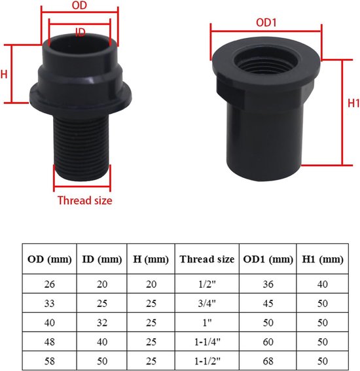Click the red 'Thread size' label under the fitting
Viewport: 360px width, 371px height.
[x=84, y=200]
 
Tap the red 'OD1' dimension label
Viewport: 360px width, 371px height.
[x=266, y=22]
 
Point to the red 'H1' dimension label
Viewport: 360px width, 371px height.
[x=353, y=103]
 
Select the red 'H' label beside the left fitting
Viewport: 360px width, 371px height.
[x=4, y=75]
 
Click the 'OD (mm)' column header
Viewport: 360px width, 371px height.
[x=50, y=259]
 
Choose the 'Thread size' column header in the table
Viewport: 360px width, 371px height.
[x=207, y=259]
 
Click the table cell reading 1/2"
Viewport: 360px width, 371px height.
[x=207, y=285]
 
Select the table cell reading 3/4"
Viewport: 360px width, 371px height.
[x=207, y=304]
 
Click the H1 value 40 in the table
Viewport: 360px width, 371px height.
[x=323, y=285]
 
